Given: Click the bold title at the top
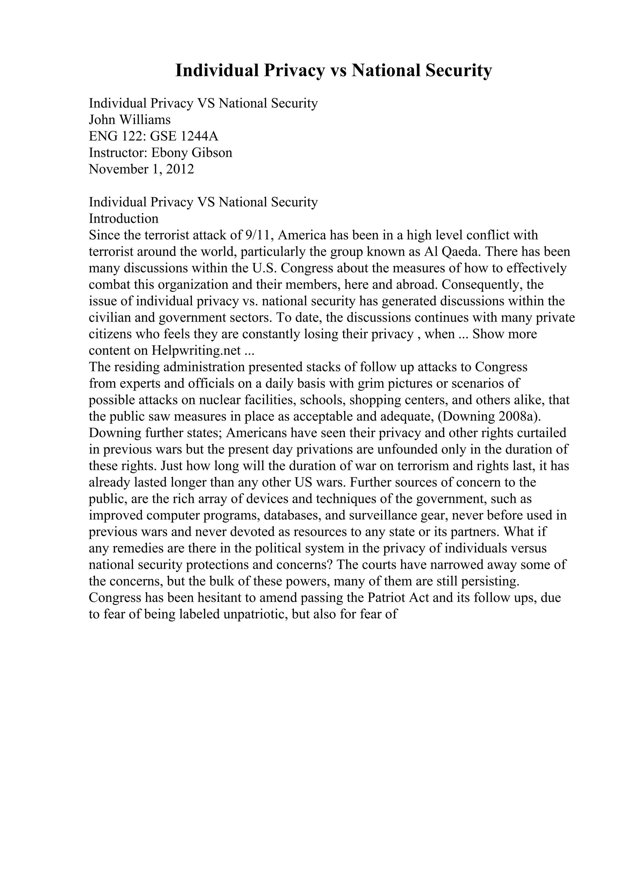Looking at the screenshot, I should coord(333,71).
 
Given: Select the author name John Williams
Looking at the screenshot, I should coord(130,120).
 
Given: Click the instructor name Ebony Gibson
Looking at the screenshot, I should coord(192,153).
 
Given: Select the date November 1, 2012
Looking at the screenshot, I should coord(141,169).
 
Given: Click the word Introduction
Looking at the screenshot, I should coord(124,219).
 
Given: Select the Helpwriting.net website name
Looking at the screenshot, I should coord(196,351).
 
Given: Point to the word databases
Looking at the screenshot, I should coord(292,516).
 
